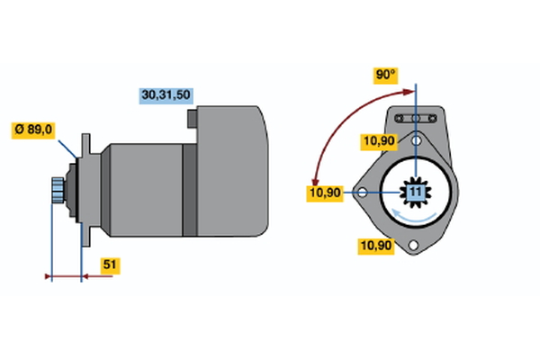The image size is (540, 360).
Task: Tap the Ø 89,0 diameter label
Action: click(x=33, y=130)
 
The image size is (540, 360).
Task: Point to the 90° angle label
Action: click(x=385, y=76)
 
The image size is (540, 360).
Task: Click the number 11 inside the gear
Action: click(x=415, y=192)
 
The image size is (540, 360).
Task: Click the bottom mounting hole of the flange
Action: click(x=414, y=246)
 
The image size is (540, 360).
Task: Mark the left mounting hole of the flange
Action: click(x=361, y=192)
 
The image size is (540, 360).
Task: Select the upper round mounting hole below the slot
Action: click(x=416, y=140)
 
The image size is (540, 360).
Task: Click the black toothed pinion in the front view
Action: click(x=415, y=192)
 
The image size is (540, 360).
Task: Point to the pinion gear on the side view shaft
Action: click(x=58, y=191)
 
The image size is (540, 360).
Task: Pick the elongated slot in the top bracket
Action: click(x=416, y=119)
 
